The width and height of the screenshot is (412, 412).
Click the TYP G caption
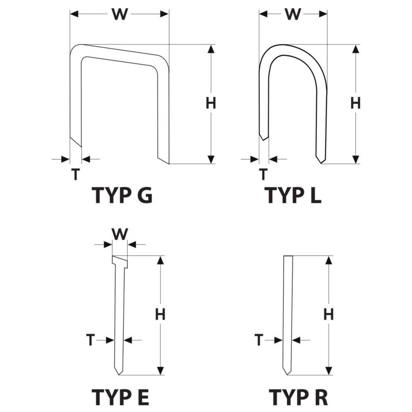(122, 195)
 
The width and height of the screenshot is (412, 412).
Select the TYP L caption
(293, 195)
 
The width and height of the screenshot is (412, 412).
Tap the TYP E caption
(121, 397)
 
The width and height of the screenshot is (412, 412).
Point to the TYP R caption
(298, 397)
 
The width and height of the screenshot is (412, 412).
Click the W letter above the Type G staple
(120, 14)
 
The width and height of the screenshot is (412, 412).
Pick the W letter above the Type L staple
(293, 14)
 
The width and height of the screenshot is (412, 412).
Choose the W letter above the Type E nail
(120, 234)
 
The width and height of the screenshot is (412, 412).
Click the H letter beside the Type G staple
(211, 103)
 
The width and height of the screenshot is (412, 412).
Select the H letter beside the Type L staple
(355, 103)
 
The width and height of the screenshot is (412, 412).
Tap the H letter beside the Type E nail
(160, 314)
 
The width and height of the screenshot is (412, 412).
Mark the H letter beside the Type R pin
(329, 314)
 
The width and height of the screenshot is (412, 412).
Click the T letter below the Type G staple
(75, 174)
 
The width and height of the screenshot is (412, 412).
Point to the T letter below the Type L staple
(263, 174)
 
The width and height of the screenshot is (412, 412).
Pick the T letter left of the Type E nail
(90, 340)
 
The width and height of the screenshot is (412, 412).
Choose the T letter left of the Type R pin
(259, 340)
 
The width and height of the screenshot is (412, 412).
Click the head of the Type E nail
(120, 262)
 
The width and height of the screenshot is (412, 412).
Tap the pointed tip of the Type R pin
(287, 375)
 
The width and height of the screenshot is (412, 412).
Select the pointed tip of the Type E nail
(119, 375)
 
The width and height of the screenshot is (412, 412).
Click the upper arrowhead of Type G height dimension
(211, 49)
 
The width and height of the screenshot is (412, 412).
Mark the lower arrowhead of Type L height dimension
(355, 160)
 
